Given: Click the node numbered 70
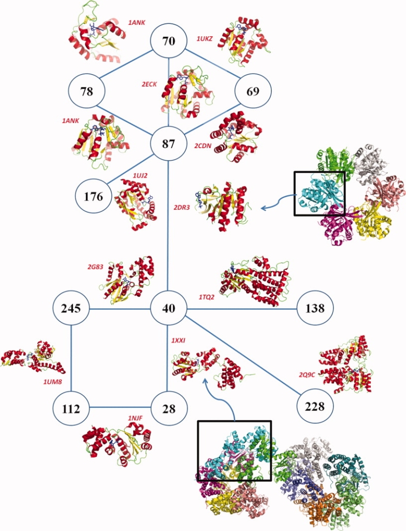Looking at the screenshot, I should pos(169,41).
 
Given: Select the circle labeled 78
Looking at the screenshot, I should pos(87,92).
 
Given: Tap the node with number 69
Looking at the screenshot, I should pos(253,92).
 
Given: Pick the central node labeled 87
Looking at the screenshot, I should pos(169,143).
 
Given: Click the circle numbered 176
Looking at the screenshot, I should pos(94,197).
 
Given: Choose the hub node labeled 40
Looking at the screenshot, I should pos(168,309).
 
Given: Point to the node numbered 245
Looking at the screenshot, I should pos(71,309).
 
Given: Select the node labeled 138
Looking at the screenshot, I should pos(315,309).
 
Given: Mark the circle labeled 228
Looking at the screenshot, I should pos(315,407).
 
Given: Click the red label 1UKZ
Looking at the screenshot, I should pos(205,39).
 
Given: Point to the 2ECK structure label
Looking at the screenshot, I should pos(151,84).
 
